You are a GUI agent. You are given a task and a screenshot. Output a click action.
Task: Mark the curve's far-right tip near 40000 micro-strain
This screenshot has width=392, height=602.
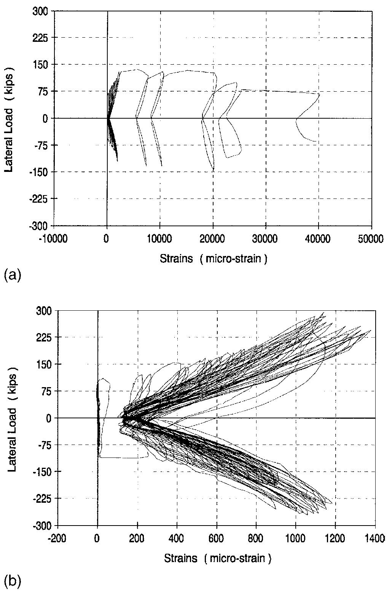click(x=319, y=94)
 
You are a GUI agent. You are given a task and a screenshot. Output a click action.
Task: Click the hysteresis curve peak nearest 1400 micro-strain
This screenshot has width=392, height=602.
click(x=370, y=330)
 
